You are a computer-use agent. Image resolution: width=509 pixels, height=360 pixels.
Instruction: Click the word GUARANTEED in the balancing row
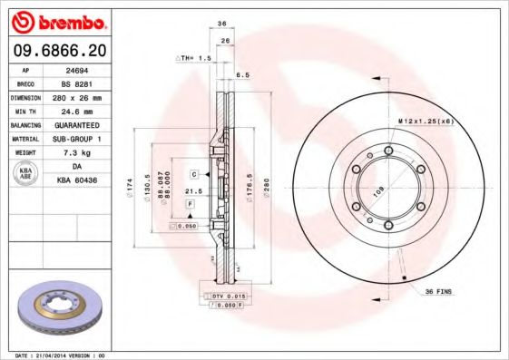(87, 124)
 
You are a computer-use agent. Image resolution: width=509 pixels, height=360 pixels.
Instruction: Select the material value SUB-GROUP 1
(87, 139)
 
